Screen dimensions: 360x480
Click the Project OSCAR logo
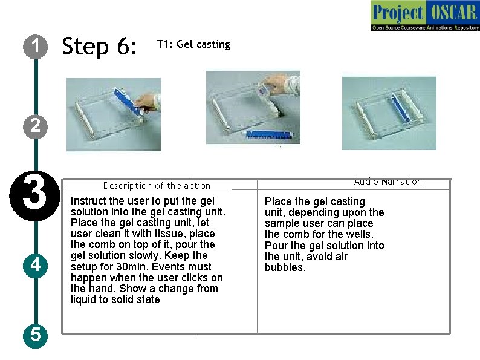(424, 16)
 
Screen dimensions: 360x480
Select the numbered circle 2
(36, 126)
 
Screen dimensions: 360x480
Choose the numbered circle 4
(36, 265)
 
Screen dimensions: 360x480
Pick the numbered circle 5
(36, 334)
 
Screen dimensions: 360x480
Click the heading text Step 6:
(100, 46)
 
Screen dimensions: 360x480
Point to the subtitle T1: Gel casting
(193, 44)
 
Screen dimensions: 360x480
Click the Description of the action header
(157, 186)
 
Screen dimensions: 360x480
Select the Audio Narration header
(388, 182)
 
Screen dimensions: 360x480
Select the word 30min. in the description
(138, 267)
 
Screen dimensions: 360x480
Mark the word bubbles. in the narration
(285, 267)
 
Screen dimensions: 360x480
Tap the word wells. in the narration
(360, 234)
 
